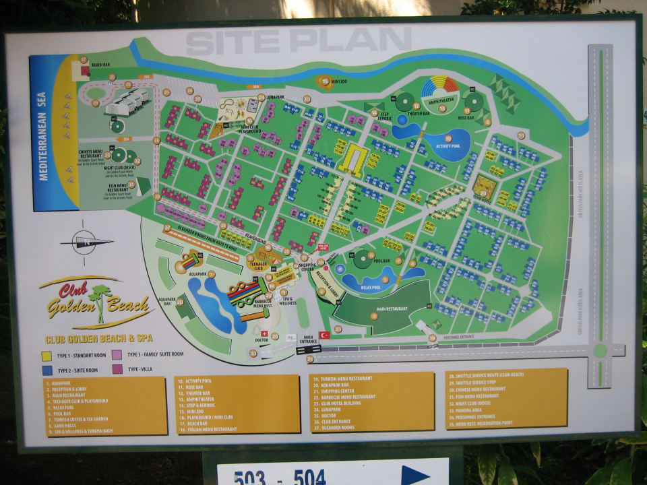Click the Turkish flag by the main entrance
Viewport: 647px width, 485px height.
tap(325, 334)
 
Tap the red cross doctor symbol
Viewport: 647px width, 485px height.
tap(264, 333)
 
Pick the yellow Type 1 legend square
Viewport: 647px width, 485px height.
tap(47, 355)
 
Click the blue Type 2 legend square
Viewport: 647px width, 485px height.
tap(47, 370)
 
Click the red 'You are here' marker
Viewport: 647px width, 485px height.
tap(322, 248)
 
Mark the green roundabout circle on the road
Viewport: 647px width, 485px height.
tap(600, 350)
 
